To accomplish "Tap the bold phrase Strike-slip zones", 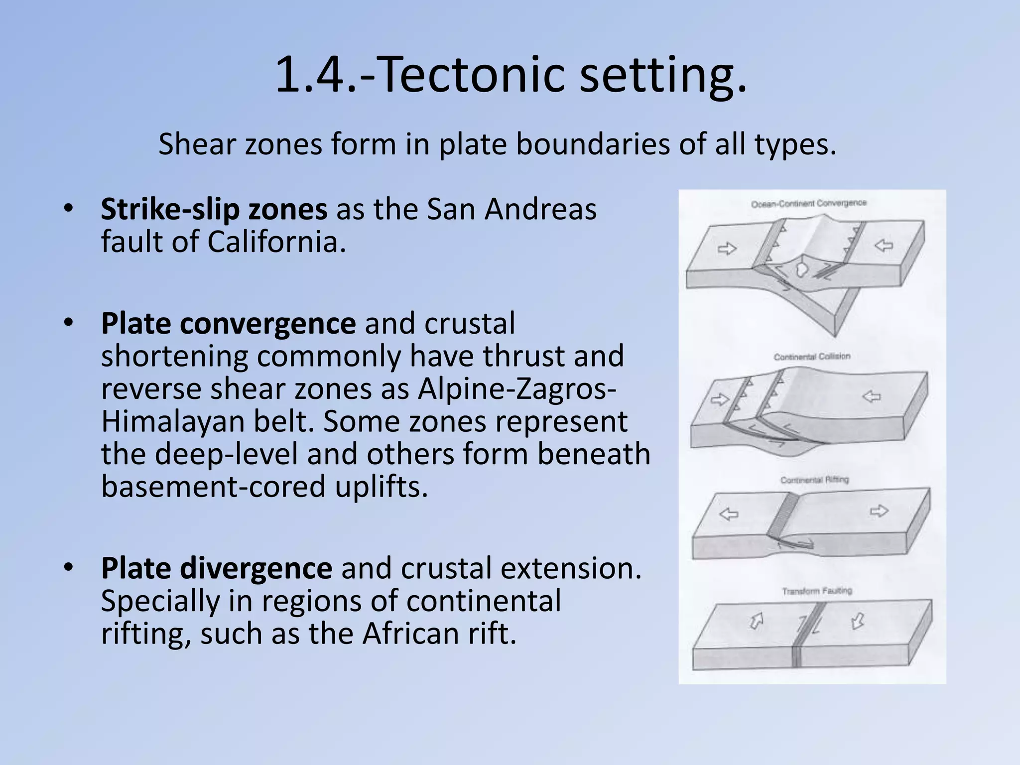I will point(214,210).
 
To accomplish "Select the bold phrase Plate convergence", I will point(228,324).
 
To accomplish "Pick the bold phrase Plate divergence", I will point(216,568).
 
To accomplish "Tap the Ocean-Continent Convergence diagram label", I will point(809,203).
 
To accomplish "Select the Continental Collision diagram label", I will point(812,357).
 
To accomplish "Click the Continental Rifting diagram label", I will point(814,480).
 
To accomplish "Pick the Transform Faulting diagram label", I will point(817,591).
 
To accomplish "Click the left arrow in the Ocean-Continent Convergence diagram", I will point(727,249).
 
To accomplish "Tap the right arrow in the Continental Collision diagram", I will point(872,396).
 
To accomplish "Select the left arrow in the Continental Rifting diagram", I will point(729,514).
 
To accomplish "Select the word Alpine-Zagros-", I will point(516,389).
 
